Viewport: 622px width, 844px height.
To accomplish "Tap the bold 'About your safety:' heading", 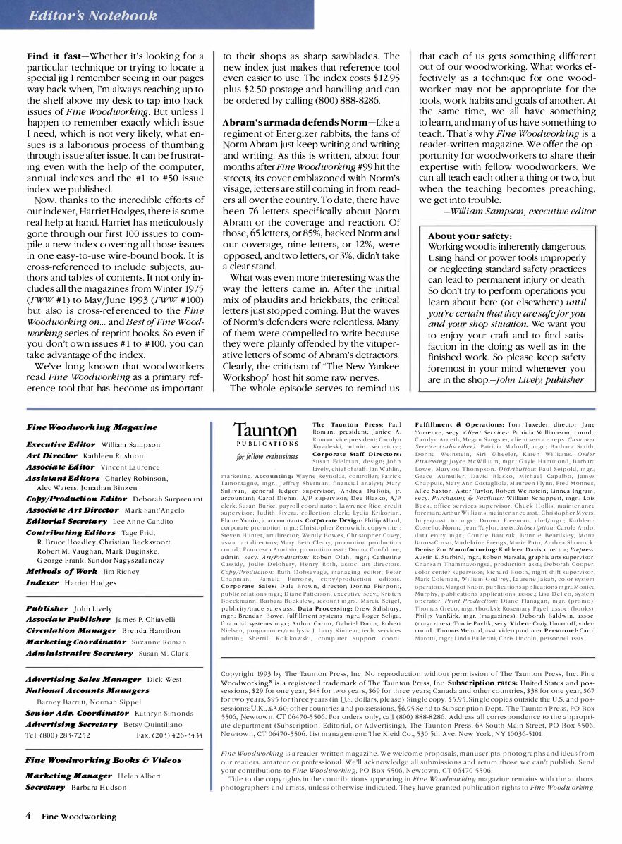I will click(470, 236).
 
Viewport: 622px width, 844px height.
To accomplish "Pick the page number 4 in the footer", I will click(28, 816).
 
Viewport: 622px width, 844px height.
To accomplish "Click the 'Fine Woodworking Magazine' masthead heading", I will click(92, 427).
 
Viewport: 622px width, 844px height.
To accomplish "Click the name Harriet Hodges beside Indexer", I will click(90, 583).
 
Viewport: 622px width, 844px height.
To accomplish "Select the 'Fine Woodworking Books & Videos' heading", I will click(103, 760).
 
